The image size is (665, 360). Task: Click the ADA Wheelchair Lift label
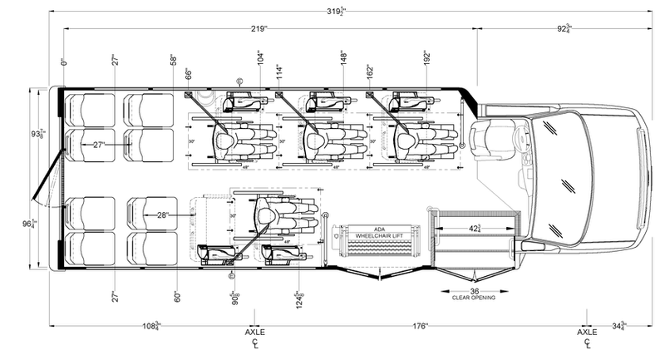(x=378, y=235)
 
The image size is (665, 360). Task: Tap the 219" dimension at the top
(x=258, y=28)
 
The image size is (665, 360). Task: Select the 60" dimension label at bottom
(x=176, y=295)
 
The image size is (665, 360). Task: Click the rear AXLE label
(x=254, y=331)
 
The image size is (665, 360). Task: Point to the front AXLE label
(x=588, y=331)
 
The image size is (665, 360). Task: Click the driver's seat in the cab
(x=495, y=137)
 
